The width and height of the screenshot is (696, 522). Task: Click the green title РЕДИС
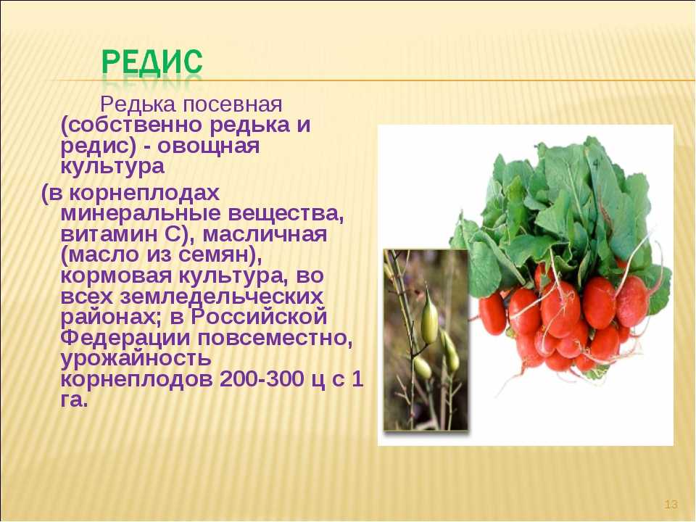152,62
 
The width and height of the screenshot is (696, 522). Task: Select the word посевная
232,105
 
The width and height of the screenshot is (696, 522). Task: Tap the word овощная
208,146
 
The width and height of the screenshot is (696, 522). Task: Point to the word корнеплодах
144,194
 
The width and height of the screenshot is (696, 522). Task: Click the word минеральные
141,213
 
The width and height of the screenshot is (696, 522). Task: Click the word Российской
260,317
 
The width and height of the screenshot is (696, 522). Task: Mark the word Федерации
125,339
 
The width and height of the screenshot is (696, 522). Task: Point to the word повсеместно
275,339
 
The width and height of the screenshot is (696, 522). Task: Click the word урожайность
136,359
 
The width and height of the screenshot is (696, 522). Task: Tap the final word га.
72,400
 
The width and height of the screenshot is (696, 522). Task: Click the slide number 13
671,505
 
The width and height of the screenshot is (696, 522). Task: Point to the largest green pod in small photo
429,316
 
